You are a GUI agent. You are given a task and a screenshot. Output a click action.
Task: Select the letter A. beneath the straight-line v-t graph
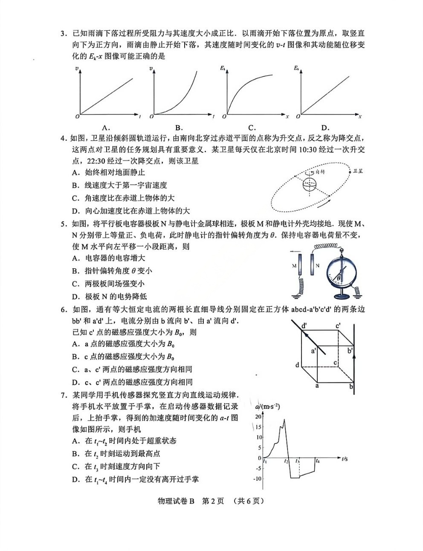[106, 127]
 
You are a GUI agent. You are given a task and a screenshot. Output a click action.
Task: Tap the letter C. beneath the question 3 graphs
[252, 127]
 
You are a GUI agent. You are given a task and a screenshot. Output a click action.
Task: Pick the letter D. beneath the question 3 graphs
[325, 127]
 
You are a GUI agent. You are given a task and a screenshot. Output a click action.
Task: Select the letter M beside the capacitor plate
[294, 265]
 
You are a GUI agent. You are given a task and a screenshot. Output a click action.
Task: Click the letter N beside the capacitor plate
[317, 265]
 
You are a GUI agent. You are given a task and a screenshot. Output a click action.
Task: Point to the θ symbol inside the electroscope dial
[339, 278]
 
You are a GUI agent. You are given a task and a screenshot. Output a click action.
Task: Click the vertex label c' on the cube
[338, 326]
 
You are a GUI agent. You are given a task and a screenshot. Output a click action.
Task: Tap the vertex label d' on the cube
[304, 326]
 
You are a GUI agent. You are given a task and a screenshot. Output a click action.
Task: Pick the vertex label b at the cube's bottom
[351, 387]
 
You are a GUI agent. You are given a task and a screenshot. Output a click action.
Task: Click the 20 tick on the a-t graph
[258, 416]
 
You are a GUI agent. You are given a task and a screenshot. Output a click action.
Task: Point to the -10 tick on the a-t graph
[258, 479]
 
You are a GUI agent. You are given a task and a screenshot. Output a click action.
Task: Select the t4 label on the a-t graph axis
[317, 461]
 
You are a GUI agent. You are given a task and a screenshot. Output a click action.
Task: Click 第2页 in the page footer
[212, 501]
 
